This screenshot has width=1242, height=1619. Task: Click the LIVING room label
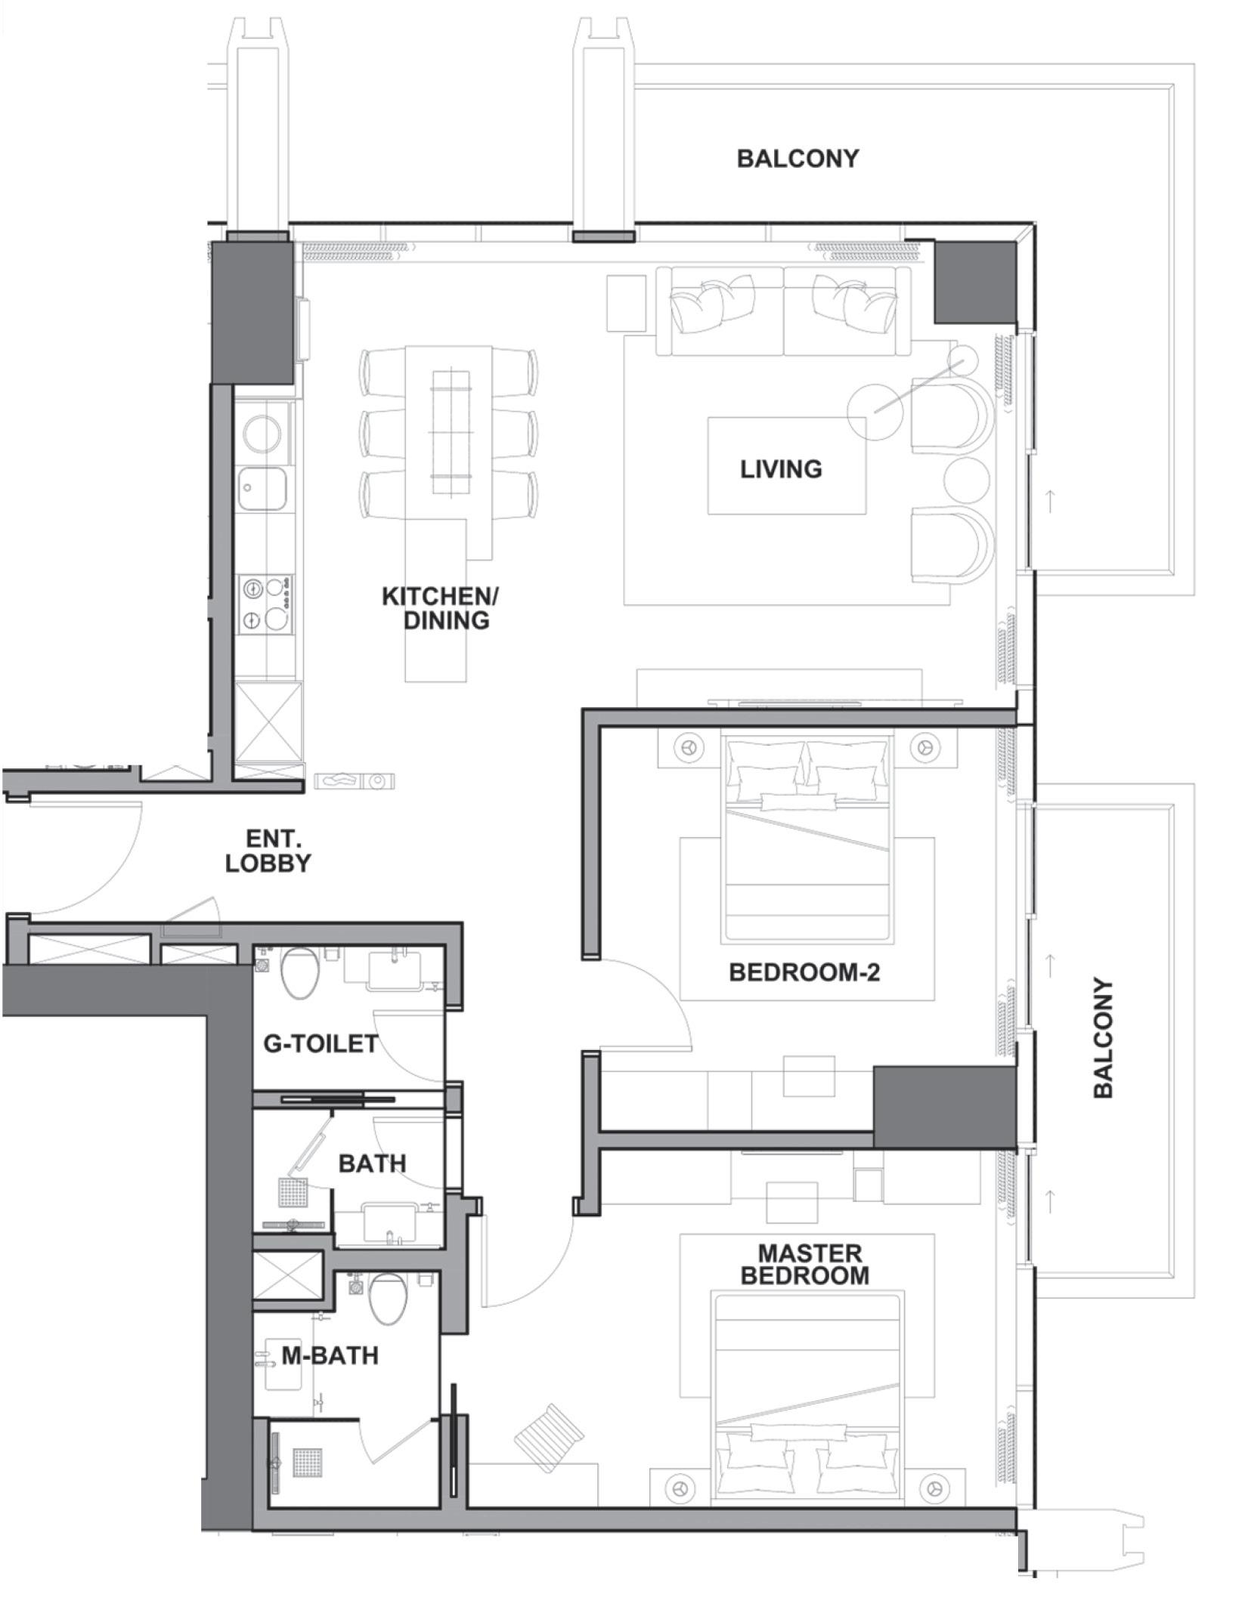(781, 469)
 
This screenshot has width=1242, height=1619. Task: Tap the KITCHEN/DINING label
(440, 608)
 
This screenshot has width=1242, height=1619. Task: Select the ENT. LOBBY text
(268, 851)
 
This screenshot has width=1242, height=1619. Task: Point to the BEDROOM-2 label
(804, 972)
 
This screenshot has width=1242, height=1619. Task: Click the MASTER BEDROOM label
(804, 1265)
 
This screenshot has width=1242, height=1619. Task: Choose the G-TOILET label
(321, 1043)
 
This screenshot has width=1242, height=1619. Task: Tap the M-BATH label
(330, 1355)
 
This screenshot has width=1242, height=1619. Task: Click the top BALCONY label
(798, 159)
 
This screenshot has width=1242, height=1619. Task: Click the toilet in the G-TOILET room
(300, 975)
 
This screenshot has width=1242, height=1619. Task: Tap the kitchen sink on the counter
(262, 490)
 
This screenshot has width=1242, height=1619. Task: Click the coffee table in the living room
(787, 465)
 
